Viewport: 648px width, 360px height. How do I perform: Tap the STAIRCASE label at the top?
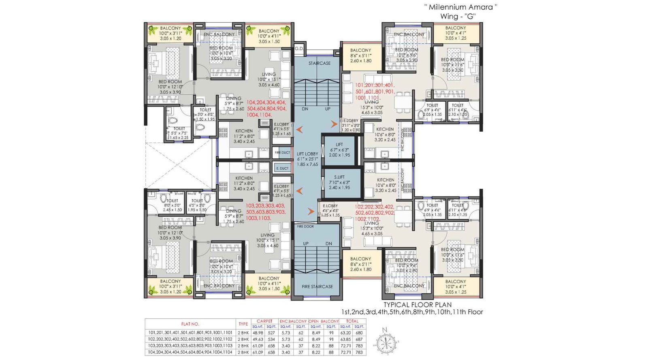(x=319, y=63)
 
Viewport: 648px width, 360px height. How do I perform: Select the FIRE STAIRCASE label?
(x=317, y=286)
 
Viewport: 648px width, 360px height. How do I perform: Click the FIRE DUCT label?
(x=282, y=153)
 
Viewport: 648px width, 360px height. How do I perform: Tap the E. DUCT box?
(x=282, y=168)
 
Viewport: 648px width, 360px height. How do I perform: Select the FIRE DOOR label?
(x=305, y=226)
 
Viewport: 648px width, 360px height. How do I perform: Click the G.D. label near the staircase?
(x=299, y=48)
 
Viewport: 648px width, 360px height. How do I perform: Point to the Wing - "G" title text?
(x=458, y=17)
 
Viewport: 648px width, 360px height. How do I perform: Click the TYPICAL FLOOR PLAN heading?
(x=417, y=305)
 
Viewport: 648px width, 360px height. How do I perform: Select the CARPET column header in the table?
(x=264, y=321)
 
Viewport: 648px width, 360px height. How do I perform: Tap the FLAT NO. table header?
(x=190, y=324)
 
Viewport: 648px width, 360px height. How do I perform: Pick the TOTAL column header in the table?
(x=352, y=321)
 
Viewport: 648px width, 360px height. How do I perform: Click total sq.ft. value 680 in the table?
(x=359, y=332)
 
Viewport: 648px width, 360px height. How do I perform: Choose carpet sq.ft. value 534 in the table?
(x=271, y=339)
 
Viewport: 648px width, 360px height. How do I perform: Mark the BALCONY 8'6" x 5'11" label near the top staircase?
(x=360, y=55)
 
